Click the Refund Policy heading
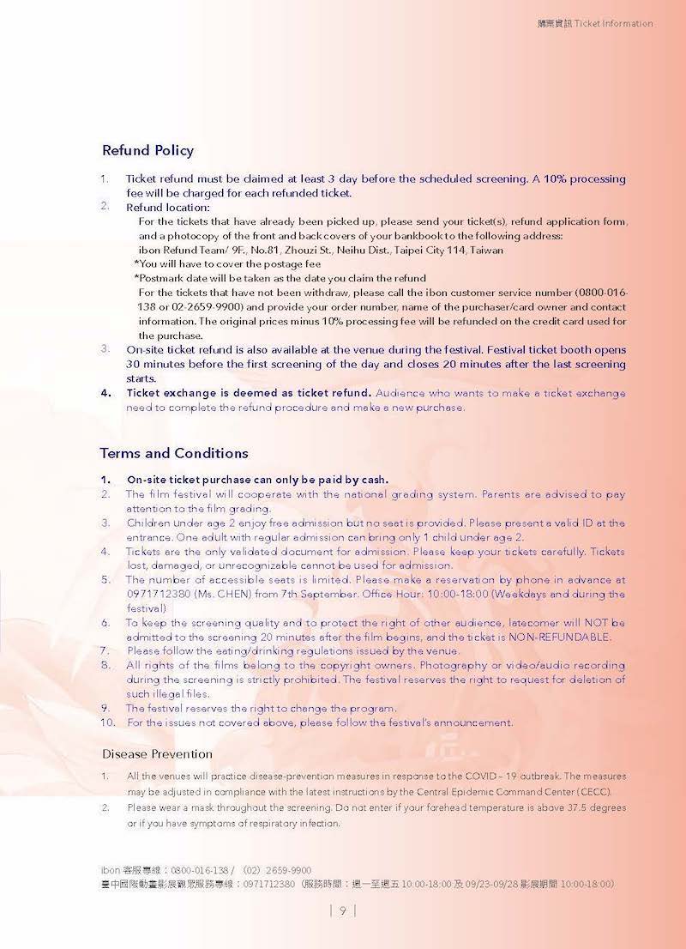click(147, 151)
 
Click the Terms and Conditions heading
click(174, 453)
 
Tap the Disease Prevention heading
click(157, 754)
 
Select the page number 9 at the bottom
click(342, 910)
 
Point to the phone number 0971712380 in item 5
click(156, 594)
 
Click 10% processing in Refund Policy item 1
click(584, 179)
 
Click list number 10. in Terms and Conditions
click(108, 722)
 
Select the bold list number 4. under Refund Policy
click(106, 393)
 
